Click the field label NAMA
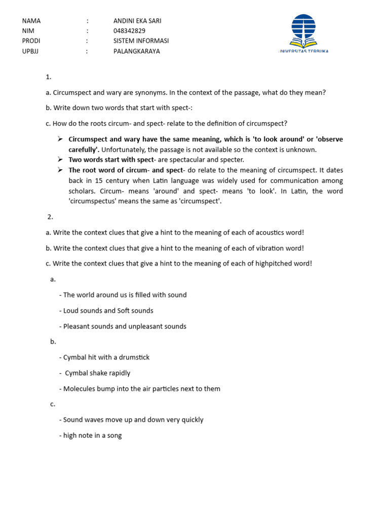tap(31, 21)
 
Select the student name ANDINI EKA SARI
tap(137, 21)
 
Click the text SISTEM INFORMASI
tap(141, 41)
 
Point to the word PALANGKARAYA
tap(137, 51)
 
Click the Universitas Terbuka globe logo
tap(303, 31)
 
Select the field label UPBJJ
tap(32, 51)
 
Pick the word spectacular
tap(182, 160)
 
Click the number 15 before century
tap(96, 180)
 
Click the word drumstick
tap(133, 357)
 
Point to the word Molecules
tap(79, 389)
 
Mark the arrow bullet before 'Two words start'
tap(60, 160)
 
